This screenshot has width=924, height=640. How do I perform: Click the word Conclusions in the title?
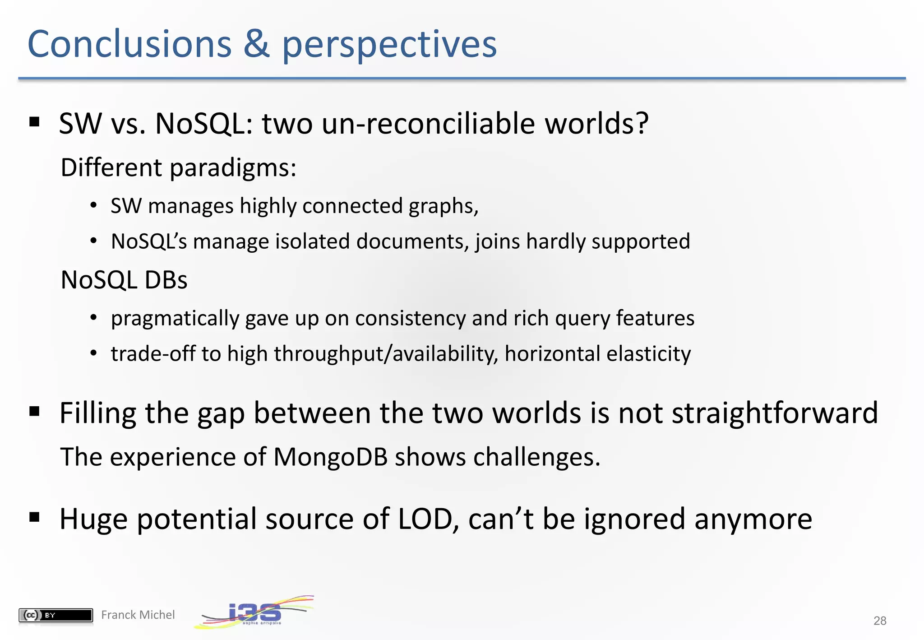point(129,44)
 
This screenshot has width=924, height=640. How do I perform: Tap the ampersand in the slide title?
point(256,44)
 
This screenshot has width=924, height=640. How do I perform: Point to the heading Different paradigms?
point(178,168)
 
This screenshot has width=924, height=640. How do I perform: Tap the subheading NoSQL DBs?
point(124,280)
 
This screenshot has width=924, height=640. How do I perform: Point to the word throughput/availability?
point(385,354)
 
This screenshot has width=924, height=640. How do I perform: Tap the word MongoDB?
point(330,457)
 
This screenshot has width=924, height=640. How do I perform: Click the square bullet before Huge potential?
point(34,517)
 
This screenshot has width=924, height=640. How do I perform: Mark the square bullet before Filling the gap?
point(34,411)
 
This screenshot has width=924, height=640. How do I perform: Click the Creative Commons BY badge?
point(55,615)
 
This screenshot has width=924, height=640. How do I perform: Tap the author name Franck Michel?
point(138,615)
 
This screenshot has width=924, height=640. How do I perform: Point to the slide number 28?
point(879,621)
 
